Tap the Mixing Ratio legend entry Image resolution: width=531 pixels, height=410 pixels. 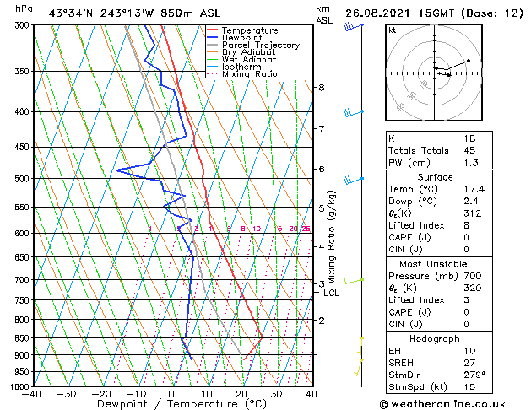tap(250, 74)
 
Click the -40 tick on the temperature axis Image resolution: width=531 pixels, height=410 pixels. tap(32, 394)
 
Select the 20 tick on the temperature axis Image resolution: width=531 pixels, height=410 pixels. tap(241, 394)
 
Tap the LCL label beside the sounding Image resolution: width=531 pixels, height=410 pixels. tap(331, 294)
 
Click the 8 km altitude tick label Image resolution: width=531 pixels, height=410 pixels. tap(321, 88)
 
